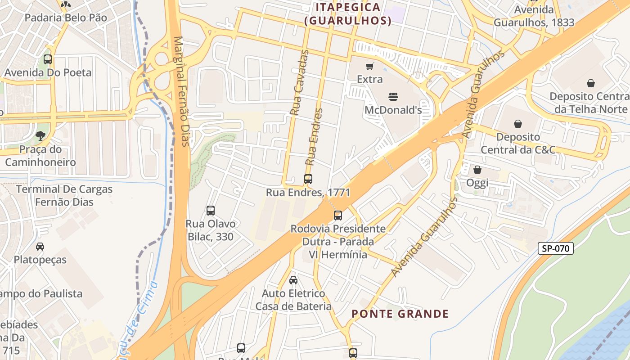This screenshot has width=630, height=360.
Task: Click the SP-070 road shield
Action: click(555, 248)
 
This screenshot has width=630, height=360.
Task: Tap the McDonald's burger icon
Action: click(393, 96)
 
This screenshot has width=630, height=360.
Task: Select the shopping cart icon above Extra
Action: click(369, 67)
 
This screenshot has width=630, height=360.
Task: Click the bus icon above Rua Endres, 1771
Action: click(308, 179)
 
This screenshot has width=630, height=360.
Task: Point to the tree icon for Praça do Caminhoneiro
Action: click(40, 135)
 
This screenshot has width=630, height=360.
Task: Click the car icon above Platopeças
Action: click(40, 246)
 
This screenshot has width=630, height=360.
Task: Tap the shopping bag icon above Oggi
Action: click(477, 170)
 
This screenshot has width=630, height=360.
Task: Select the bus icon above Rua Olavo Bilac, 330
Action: click(210, 210)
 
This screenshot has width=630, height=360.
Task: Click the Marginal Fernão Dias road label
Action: click(181, 91)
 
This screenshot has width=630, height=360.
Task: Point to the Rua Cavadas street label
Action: click(300, 83)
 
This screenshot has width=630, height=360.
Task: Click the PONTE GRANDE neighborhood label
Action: click(400, 314)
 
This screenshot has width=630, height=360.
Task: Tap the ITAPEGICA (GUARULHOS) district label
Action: click(347, 14)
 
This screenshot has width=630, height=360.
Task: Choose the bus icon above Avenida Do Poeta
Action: click(48, 59)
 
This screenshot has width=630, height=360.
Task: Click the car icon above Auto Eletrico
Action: click(293, 280)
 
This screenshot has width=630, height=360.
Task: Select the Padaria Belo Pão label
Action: click(66, 18)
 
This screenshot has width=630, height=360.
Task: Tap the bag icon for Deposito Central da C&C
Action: click(518, 123)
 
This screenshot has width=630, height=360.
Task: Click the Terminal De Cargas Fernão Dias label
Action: click(64, 195)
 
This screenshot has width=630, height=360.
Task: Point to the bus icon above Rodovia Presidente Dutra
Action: click(338, 215)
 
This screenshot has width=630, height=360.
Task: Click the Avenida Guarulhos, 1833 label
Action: click(534, 16)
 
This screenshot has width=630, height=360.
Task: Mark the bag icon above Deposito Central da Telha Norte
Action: click(591, 83)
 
